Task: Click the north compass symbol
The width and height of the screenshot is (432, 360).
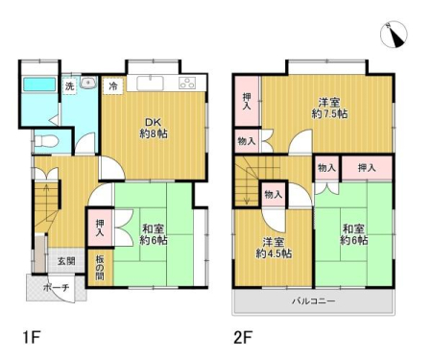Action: [x=394, y=35]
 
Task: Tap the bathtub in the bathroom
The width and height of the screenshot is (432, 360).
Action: [x=39, y=84]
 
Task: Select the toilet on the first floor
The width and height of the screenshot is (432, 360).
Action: [x=45, y=141]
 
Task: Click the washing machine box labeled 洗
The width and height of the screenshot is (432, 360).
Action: [x=70, y=85]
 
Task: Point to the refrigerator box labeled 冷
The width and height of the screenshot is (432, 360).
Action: [x=113, y=86]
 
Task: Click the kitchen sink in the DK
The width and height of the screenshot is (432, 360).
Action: [x=150, y=84]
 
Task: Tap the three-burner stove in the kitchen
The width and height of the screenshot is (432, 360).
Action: [x=188, y=84]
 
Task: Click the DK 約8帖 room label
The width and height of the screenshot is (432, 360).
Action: [x=154, y=128]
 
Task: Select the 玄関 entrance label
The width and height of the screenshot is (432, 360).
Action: [x=66, y=261]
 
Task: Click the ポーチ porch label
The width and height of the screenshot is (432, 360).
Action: [x=56, y=288]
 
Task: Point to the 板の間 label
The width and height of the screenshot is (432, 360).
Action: [x=100, y=268]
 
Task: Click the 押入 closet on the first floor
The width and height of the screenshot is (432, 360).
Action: [x=100, y=228]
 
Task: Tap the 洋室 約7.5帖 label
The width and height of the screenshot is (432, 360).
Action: [x=329, y=108]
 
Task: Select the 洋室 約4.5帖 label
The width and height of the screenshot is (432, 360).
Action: [x=274, y=248]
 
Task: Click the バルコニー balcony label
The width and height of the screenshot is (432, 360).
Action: [x=313, y=301]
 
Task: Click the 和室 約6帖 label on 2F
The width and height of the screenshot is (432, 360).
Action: [x=353, y=234]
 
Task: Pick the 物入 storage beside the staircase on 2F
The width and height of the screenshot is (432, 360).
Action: [x=273, y=194]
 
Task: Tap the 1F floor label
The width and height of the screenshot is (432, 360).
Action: [x=32, y=337]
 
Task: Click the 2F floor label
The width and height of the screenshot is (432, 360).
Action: [x=243, y=337]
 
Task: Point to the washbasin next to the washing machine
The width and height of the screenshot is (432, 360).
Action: [x=88, y=83]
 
